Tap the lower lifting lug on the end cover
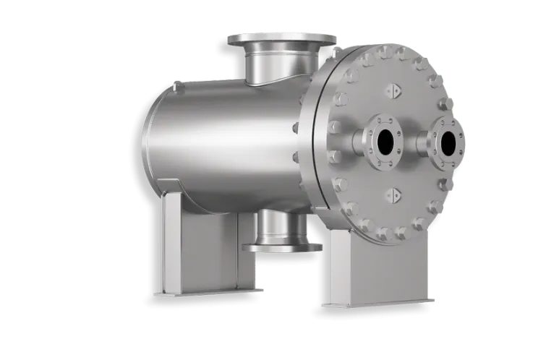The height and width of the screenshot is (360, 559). [394, 194]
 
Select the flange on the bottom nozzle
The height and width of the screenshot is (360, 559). [281, 248]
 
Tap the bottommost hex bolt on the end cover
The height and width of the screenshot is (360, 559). [398, 233]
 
